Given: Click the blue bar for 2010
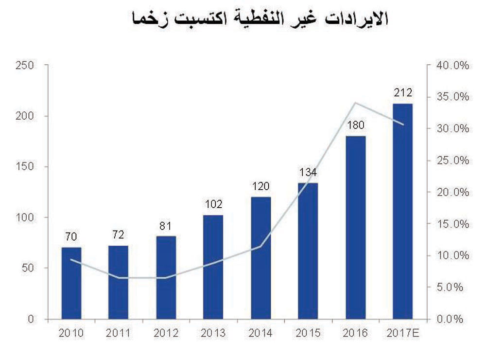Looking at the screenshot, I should coord(71,283).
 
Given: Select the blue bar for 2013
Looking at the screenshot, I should coord(213,267).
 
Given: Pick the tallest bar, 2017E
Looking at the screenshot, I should coord(402,211).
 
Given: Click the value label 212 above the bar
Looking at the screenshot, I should coord(402,93).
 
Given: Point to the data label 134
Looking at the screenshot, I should coord(308,173).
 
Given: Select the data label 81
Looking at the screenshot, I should coord(166,226).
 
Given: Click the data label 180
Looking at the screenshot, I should coord(356,126).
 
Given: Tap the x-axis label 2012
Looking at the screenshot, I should coord(166,334).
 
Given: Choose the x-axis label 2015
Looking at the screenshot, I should coord(308,334).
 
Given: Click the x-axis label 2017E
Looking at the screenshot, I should coord(403,334).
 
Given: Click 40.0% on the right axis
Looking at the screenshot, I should coord(452,65).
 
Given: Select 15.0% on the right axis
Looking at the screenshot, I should coord(452,224).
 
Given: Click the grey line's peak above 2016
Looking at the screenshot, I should coord(356,103).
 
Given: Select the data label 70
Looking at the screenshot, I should coord(71,237).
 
